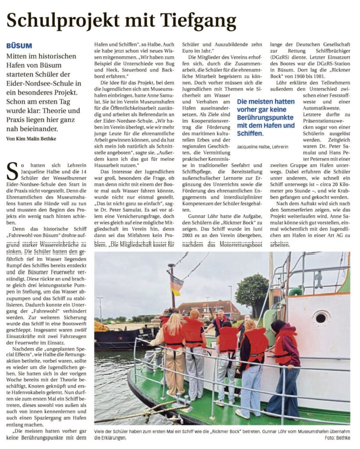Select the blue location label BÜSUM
pos(19,46)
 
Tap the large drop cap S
pos(13,171)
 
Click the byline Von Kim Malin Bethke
pos(32,139)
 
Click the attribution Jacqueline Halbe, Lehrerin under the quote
pos(263,146)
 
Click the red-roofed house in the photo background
pos(209,310)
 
